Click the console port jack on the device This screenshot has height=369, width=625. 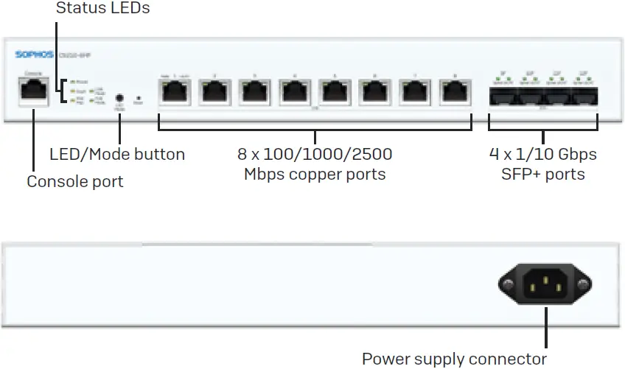point(33,92)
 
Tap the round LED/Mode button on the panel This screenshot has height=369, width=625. point(119,96)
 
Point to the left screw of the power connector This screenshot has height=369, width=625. point(508,284)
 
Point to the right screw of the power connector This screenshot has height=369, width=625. point(583,284)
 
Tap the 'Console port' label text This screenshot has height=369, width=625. point(75,181)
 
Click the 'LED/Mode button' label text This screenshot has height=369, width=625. point(117,155)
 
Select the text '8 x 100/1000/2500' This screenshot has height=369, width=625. point(315,155)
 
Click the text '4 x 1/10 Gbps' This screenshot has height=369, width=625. point(543,155)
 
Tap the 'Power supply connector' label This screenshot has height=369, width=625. point(454,359)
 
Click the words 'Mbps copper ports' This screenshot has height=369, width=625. point(315,175)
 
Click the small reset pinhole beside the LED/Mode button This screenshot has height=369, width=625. point(139,97)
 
